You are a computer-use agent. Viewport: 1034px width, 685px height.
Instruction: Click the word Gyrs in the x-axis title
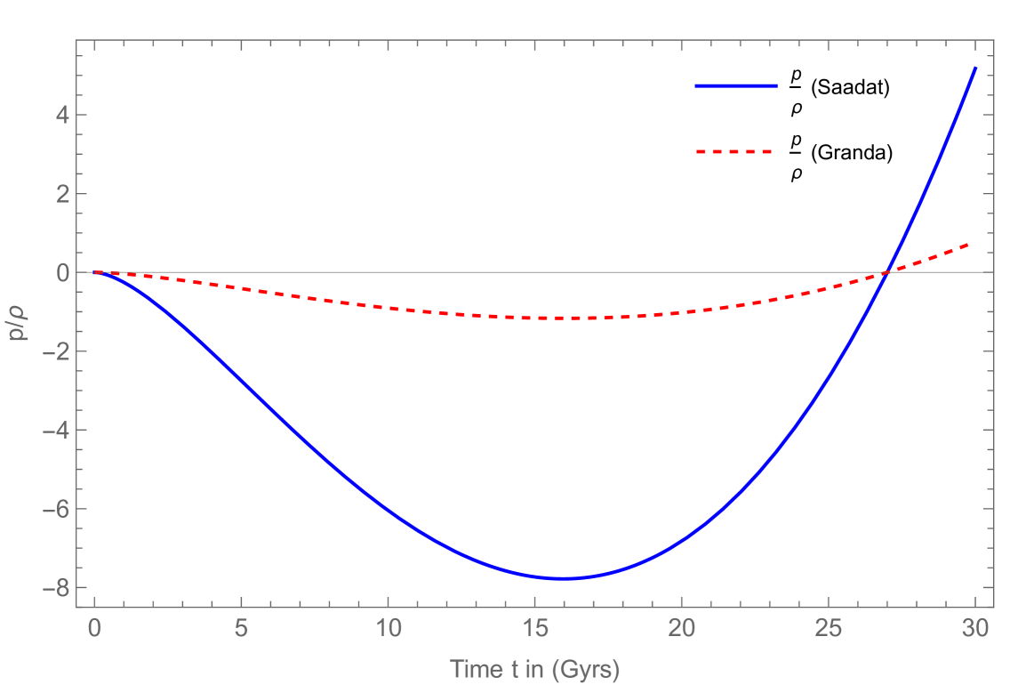coord(584,669)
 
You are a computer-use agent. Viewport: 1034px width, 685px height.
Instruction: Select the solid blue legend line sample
coord(736,86)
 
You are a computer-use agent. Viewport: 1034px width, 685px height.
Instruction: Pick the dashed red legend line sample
coord(733,152)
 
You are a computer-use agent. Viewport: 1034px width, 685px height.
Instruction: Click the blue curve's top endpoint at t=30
coord(974,68)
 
